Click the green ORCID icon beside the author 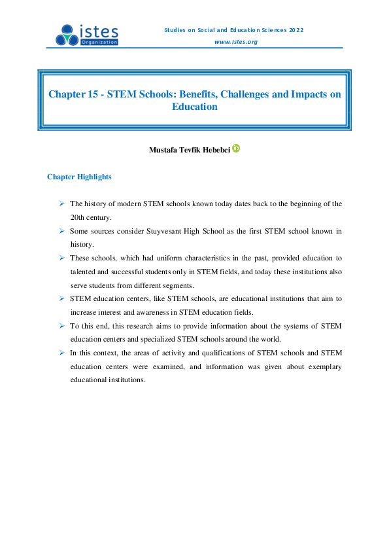click(x=236, y=149)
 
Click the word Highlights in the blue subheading click(x=94, y=177)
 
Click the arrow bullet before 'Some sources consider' click(x=61, y=231)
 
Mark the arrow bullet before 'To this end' click(x=61, y=325)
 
